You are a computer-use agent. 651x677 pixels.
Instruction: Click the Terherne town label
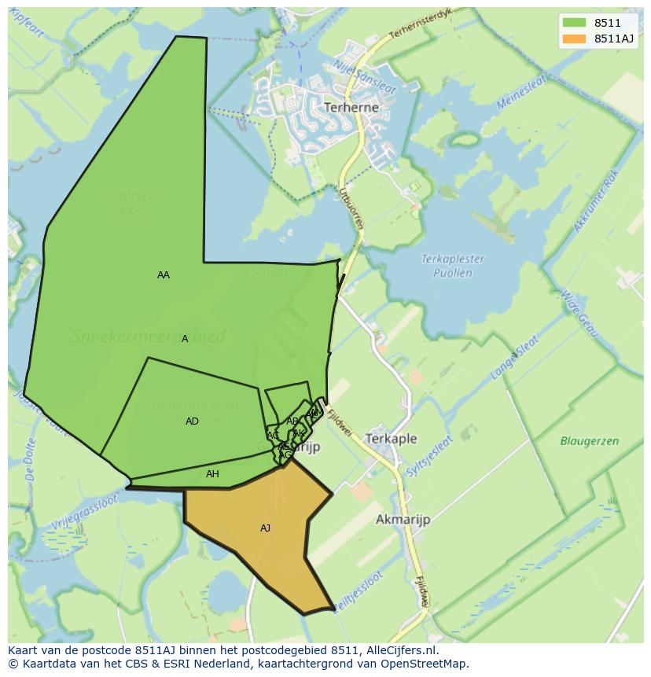[351, 108]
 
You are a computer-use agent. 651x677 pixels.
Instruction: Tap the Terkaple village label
[392, 439]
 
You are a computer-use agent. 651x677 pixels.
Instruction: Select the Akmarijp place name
[403, 520]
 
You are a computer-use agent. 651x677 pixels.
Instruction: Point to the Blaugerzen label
[590, 441]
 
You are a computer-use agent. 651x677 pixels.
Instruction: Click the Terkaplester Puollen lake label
[453, 266]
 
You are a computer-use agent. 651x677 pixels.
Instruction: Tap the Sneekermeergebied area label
[149, 337]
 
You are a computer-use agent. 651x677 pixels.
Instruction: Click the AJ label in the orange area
[266, 528]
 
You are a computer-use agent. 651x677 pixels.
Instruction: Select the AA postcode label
[164, 275]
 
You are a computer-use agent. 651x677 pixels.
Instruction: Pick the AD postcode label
[193, 421]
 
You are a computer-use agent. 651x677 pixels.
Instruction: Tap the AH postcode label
[212, 474]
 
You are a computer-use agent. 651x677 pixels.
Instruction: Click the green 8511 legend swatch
[574, 24]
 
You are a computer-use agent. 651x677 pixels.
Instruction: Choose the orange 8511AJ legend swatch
[574, 39]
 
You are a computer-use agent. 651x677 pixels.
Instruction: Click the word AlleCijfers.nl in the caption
[399, 650]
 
